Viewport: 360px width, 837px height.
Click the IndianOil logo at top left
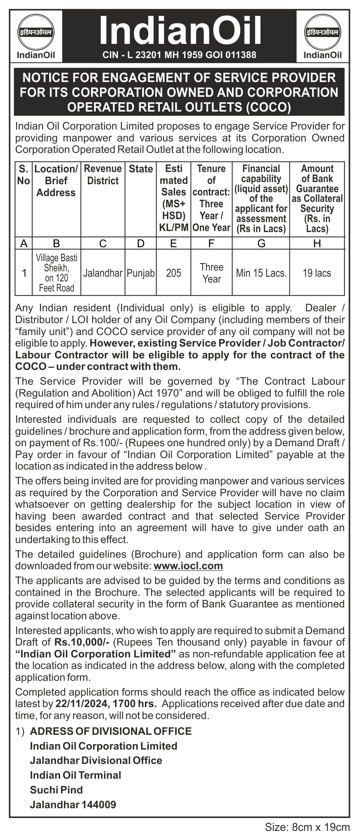click(x=36, y=35)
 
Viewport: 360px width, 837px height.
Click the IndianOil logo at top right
click(x=323, y=35)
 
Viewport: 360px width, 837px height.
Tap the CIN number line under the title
click(x=179, y=55)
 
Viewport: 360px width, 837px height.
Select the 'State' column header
click(x=141, y=169)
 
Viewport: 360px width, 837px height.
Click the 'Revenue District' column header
click(x=103, y=175)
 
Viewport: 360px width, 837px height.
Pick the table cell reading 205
click(x=173, y=273)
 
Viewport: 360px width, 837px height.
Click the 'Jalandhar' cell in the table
click(x=103, y=273)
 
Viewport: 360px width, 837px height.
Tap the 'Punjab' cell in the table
click(x=141, y=273)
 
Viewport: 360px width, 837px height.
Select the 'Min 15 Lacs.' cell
click(x=261, y=273)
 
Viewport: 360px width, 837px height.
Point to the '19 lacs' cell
click(x=317, y=273)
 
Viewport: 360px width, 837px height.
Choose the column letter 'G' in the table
click(x=261, y=244)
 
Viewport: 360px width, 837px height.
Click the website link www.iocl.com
click(x=188, y=566)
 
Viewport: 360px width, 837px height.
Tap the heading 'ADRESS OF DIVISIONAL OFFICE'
click(x=111, y=731)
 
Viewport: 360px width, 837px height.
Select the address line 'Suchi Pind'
click(x=56, y=790)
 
